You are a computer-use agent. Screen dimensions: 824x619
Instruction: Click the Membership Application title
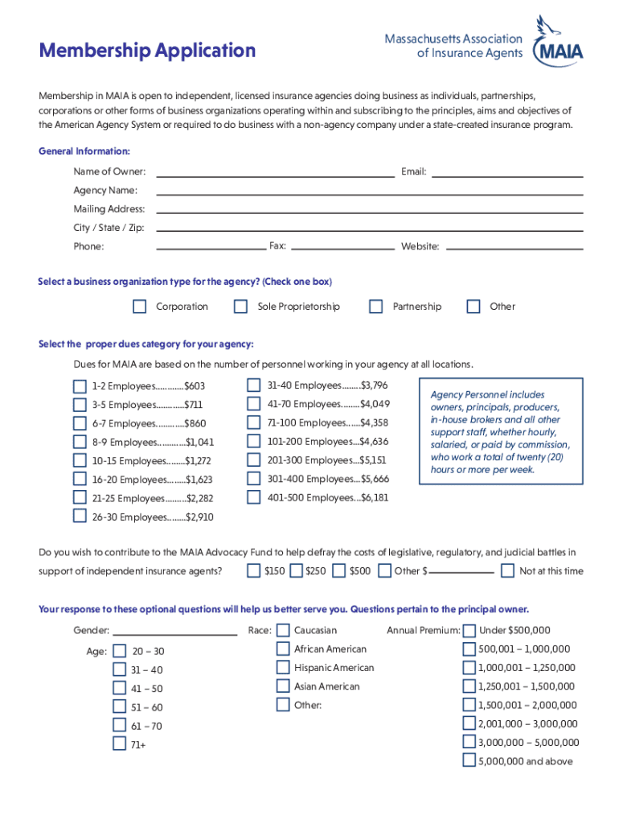[147, 51]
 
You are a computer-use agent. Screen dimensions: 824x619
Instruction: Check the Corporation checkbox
[140, 307]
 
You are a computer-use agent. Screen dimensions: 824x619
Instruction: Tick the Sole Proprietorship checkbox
[240, 307]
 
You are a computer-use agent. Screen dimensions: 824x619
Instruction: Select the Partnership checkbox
[375, 307]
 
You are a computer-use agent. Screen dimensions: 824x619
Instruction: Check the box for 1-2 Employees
[80, 386]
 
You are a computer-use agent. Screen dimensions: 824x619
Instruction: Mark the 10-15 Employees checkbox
[80, 461]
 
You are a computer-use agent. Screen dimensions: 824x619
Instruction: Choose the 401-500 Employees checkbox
[254, 497]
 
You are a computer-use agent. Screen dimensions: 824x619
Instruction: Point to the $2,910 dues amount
[199, 517]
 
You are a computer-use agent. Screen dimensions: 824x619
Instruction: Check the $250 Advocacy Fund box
[296, 571]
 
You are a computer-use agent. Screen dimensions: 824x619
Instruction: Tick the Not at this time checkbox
[507, 571]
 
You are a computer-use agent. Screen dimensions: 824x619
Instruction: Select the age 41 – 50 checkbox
[119, 689]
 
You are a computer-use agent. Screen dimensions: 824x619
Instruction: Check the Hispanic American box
[283, 668]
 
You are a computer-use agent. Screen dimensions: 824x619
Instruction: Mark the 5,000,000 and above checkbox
[469, 760]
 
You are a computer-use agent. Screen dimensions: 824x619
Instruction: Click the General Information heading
[84, 151]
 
